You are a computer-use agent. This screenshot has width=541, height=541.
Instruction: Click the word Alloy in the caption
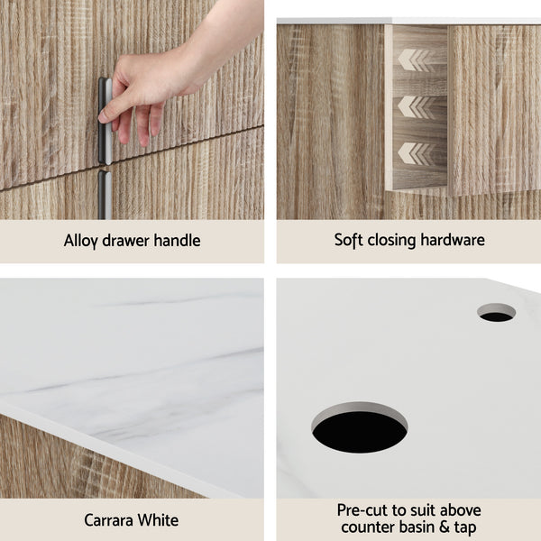click(x=81, y=241)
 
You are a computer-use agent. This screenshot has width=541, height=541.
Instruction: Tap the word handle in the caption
click(x=177, y=241)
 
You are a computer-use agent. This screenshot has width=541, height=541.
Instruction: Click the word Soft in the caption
click(x=349, y=240)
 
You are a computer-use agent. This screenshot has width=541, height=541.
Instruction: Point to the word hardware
click(x=452, y=240)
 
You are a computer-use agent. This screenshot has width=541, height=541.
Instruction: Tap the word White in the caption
click(x=160, y=520)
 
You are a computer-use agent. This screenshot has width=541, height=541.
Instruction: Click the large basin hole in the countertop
click(x=360, y=428)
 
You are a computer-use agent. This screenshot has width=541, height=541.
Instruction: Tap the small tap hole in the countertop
click(x=496, y=313)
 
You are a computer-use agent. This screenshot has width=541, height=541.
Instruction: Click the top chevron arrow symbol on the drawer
click(x=415, y=60)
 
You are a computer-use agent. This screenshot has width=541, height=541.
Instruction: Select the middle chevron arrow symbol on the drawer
click(x=415, y=106)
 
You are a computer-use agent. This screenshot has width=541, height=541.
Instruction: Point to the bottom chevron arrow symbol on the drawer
click(x=415, y=152)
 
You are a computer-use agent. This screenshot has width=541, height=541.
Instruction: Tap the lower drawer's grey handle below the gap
click(x=105, y=194)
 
